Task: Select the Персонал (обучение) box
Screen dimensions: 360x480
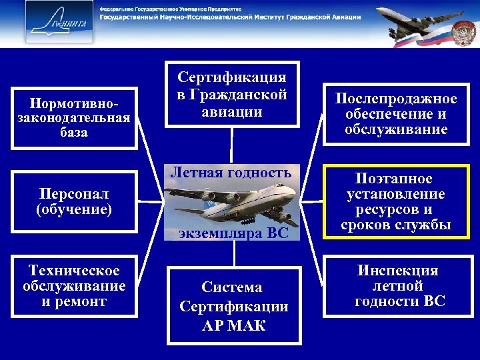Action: point(73,201)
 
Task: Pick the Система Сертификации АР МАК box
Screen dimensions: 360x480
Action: point(233,306)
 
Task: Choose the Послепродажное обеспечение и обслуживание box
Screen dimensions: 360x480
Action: point(396,114)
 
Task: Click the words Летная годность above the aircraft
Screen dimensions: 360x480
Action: point(231,173)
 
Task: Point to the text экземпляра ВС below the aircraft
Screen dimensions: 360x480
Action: point(233,233)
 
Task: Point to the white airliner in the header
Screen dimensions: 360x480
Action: point(413,20)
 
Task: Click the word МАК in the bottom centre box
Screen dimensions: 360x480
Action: point(250,325)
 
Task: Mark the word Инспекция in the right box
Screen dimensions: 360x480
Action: point(398,271)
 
